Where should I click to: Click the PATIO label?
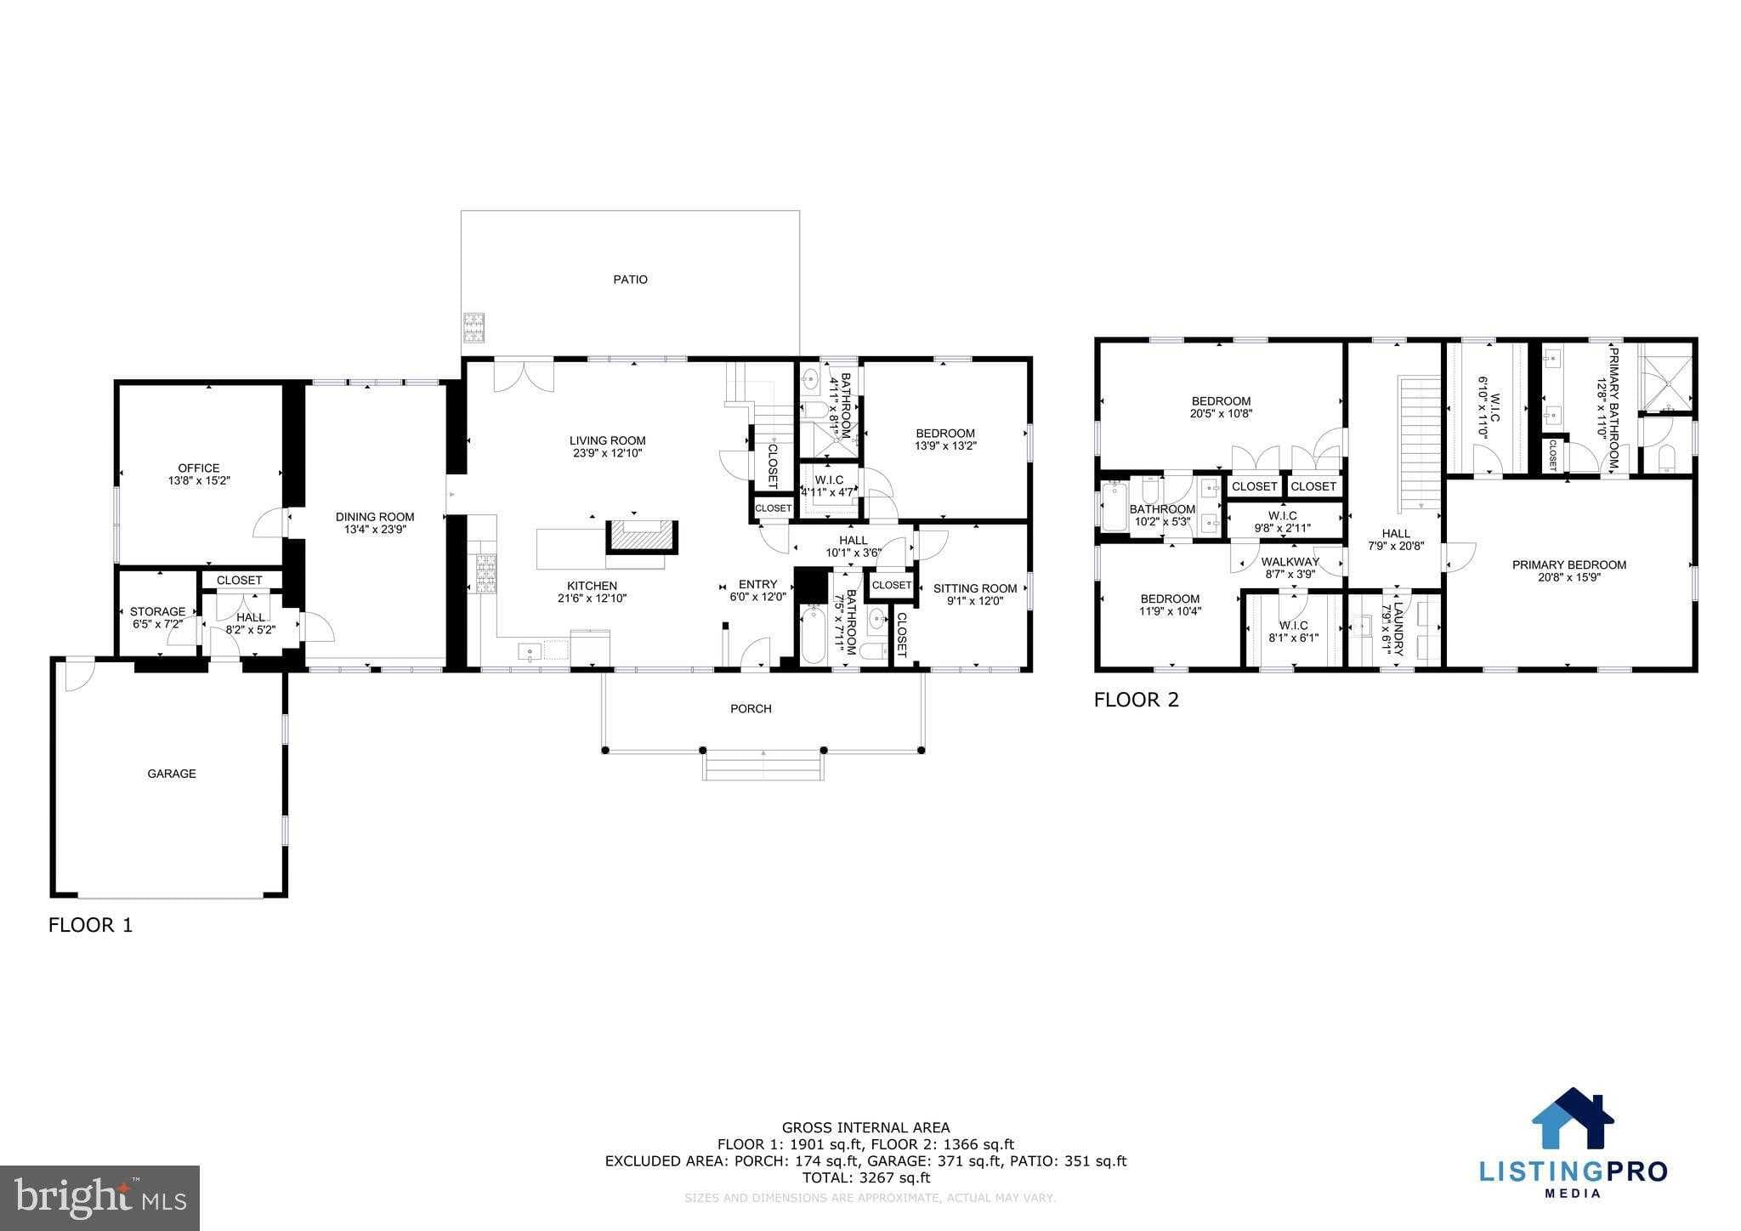(x=630, y=279)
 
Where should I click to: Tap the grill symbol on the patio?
(x=473, y=327)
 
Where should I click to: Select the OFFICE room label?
(x=198, y=468)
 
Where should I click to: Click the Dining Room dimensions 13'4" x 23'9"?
(x=374, y=530)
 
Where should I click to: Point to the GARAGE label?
(x=172, y=774)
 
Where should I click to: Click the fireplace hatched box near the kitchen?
(x=642, y=537)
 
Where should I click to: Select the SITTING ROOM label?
(x=974, y=588)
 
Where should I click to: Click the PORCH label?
(x=751, y=708)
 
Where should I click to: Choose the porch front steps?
(x=763, y=768)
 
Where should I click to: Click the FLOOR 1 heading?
(x=90, y=925)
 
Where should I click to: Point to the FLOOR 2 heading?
(x=1136, y=700)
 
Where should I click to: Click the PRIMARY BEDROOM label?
(x=1568, y=564)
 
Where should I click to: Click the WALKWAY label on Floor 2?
(x=1290, y=561)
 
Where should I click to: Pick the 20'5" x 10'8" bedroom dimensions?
(x=1221, y=414)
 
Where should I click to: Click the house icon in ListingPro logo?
(x=1572, y=1120)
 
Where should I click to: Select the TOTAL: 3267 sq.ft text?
(x=865, y=1177)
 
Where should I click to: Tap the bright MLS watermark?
(x=100, y=1198)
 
